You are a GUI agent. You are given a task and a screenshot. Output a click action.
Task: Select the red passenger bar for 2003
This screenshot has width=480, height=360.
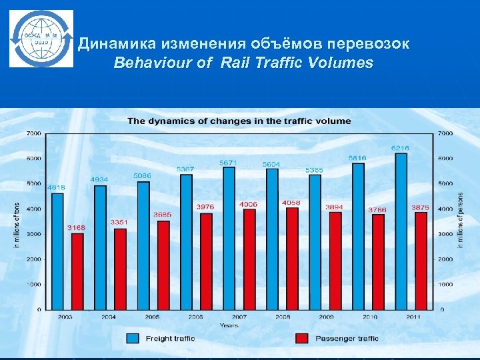click(78, 271)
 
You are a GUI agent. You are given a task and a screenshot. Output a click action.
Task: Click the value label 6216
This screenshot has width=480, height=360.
click(400, 147)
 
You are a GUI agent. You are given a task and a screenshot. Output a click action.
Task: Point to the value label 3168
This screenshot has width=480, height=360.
click(77, 227)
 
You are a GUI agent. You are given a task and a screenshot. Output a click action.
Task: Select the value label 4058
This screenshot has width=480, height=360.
click(291, 202)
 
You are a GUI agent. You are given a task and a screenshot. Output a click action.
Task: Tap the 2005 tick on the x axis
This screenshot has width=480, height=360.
click(153, 317)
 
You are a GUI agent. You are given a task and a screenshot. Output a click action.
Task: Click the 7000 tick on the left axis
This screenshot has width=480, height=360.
click(33, 133)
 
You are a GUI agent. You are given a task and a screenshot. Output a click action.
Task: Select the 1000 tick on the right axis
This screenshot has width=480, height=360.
click(445, 284)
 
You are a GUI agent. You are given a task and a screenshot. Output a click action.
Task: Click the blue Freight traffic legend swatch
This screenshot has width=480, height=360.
click(133, 338)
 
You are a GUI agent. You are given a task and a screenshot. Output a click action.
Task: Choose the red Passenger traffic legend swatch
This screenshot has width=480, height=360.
click(302, 338)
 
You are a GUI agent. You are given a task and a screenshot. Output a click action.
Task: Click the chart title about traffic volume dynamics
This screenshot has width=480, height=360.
click(239, 121)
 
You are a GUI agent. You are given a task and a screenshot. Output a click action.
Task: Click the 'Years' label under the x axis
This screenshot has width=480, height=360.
click(229, 325)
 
